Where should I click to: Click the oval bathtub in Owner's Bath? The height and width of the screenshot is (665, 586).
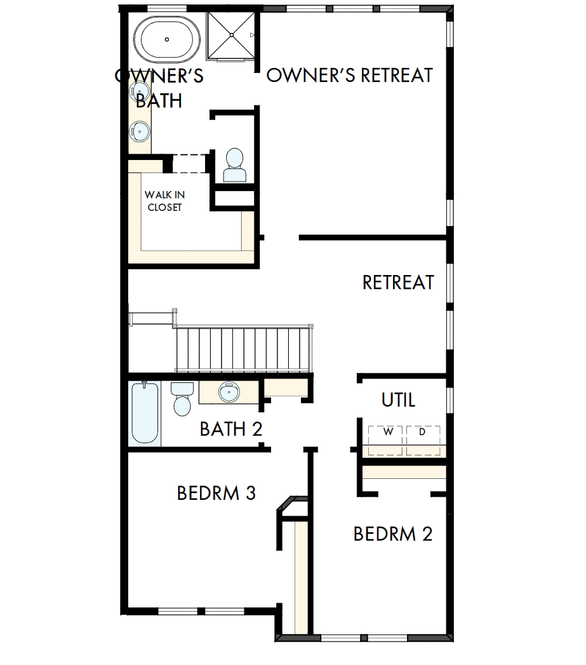tap(167, 39)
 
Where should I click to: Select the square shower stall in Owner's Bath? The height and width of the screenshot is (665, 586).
tap(232, 35)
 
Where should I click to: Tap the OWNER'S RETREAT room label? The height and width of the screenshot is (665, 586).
tap(349, 76)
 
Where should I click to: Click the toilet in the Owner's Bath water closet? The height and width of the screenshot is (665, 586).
tap(234, 166)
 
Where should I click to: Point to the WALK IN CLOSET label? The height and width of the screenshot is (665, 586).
tap(164, 201)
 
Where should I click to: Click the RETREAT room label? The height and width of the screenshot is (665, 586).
tap(398, 282)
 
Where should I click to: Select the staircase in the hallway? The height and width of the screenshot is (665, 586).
tap(244, 349)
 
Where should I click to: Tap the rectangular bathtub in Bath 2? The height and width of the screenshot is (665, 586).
tap(144, 413)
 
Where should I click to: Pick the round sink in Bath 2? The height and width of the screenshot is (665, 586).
tap(229, 392)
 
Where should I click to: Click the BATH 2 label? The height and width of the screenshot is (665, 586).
tap(230, 429)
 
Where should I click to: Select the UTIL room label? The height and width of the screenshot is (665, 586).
tap(398, 400)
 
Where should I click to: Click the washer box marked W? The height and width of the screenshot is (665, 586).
tap(387, 433)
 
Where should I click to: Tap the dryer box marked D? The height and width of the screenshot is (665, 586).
tap(423, 433)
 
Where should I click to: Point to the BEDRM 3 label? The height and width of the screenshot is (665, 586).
tap(216, 493)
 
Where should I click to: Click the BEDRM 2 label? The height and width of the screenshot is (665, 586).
tap(392, 534)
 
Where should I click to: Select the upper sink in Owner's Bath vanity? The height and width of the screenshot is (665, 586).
tap(141, 91)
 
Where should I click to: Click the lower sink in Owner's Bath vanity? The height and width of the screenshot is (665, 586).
tap(140, 131)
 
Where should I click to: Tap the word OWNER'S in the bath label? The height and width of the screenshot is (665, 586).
tap(159, 76)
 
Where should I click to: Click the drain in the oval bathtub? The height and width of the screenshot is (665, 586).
tap(167, 39)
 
